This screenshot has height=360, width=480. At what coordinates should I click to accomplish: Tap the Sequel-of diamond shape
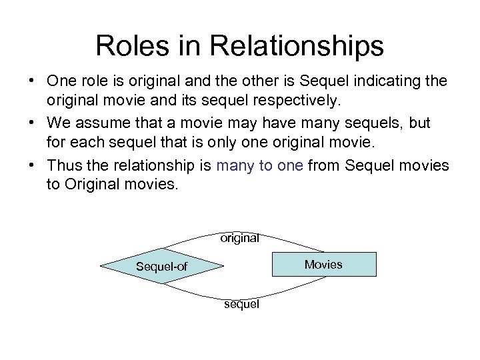tap(162, 266)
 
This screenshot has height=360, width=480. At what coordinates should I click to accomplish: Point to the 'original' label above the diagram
tap(240, 237)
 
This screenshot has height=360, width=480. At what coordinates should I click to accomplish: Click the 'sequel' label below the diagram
tap(242, 304)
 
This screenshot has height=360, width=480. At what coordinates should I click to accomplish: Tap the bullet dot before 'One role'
tap(32, 81)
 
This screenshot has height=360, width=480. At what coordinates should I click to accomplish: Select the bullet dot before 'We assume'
tap(32, 124)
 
